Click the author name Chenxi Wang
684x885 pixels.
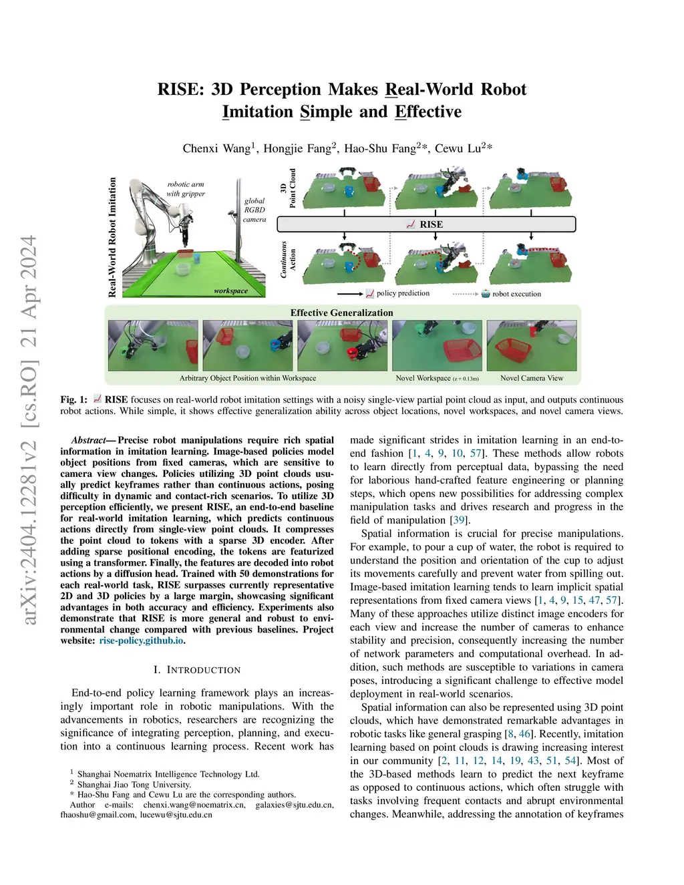click(x=216, y=148)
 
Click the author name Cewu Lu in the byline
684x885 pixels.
click(x=458, y=148)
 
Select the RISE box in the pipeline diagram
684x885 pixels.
click(x=426, y=224)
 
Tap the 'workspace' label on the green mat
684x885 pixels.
click(x=231, y=291)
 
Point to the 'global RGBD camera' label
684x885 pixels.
click(x=254, y=210)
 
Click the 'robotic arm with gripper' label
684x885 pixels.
click(x=186, y=189)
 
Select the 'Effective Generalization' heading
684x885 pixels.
click(x=341, y=313)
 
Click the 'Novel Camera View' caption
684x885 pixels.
click(x=532, y=378)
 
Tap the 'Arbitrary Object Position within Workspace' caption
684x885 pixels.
click(x=248, y=378)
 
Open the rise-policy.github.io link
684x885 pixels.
click(x=141, y=641)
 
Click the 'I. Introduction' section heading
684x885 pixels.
click(x=197, y=670)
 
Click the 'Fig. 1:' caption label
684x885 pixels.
click(x=73, y=399)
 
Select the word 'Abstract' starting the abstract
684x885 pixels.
click(x=88, y=440)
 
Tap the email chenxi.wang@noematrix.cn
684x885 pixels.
click(x=194, y=805)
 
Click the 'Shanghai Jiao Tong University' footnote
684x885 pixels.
click(x=134, y=784)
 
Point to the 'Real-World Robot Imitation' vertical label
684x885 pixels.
click(x=112, y=237)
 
